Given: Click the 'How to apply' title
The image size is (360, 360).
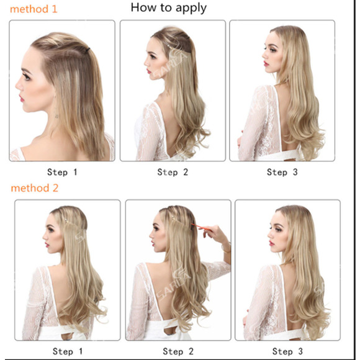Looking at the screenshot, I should click(x=168, y=8).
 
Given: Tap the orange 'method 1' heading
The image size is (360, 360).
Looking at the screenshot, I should click(x=34, y=9).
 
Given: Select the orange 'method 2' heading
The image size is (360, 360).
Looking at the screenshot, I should click(x=34, y=188).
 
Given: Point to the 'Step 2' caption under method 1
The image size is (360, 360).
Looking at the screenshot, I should click(x=173, y=172).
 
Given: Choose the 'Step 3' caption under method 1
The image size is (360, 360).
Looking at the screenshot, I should click(x=282, y=172).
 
